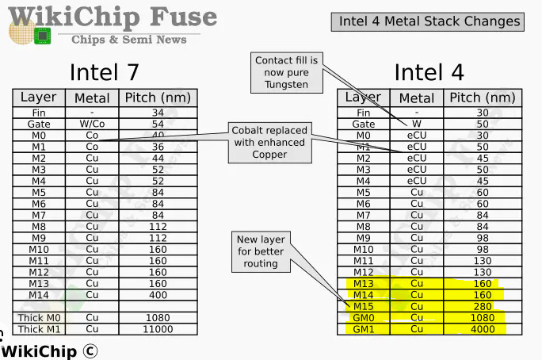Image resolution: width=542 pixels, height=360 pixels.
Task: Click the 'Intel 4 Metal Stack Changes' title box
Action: click(429, 21)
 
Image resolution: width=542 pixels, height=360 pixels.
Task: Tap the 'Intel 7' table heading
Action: click(105, 72)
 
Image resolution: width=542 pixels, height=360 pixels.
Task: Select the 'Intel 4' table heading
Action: click(429, 72)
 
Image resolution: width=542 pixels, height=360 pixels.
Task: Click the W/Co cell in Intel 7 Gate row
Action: click(92, 124)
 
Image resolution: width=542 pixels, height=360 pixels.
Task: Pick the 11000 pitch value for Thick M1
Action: click(158, 328)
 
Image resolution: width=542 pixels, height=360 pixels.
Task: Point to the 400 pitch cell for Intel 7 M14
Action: click(158, 295)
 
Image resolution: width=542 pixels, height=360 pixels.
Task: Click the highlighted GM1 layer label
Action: click(363, 329)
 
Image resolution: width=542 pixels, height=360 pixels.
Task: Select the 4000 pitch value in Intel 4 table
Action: click(483, 329)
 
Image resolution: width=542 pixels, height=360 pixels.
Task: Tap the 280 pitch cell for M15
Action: click(483, 306)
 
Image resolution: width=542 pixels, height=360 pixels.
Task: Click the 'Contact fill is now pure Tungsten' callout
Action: click(286, 72)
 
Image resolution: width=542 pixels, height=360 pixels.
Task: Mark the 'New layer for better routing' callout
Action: click(261, 251)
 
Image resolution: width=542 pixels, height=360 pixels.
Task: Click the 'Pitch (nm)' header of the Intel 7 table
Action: click(158, 98)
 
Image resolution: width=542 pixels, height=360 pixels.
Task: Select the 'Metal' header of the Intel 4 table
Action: click(417, 98)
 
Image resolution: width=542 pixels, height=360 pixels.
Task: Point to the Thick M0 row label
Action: click(39, 317)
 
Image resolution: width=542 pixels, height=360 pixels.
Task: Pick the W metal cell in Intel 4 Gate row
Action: click(417, 124)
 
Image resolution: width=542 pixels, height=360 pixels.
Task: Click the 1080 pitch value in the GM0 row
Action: click(483, 317)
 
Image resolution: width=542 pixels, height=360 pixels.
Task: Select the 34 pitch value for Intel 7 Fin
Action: click(158, 113)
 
